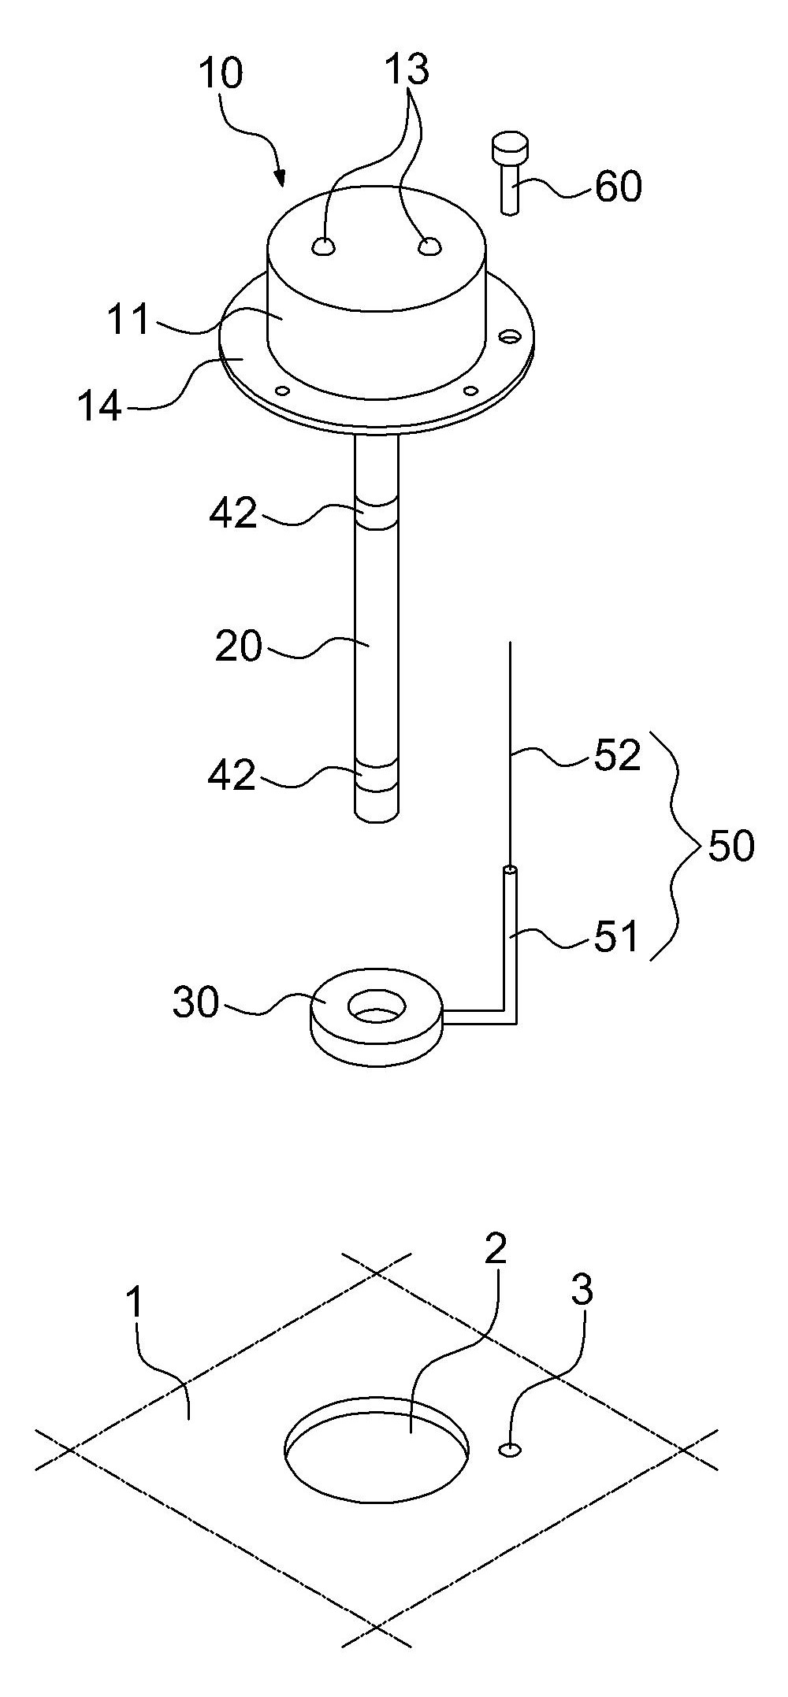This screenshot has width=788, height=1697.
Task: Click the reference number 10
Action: click(222, 75)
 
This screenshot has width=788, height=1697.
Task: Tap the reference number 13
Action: click(408, 69)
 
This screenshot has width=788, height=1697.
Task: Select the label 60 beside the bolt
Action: click(619, 188)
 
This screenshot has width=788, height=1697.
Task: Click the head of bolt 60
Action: click(511, 147)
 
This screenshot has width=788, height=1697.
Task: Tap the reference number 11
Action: click(129, 321)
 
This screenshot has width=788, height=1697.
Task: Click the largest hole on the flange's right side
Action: click(510, 337)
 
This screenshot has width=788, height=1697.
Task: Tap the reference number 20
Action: click(239, 647)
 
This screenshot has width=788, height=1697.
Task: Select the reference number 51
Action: click(616, 937)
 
